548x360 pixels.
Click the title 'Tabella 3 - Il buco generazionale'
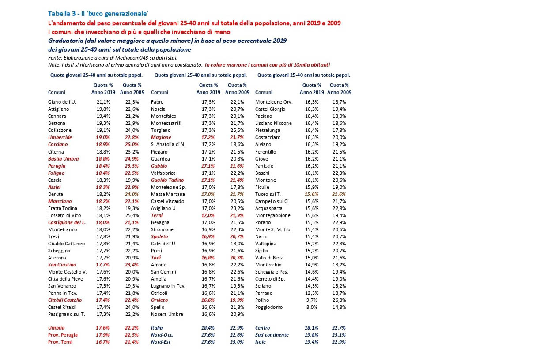tap(98, 13)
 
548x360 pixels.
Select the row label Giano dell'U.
tap(62, 102)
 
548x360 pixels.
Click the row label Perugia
tap(57, 166)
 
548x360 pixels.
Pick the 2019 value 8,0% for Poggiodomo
tap(311, 307)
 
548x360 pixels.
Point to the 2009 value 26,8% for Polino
tap(340, 300)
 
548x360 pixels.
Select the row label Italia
tap(157, 328)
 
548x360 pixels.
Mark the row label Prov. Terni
tap(60, 342)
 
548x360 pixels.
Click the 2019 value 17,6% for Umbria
tap(103, 328)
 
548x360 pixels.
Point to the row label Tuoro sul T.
tap(268, 194)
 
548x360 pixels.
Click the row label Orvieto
tap(159, 300)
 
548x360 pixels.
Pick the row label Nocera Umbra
tap(166, 314)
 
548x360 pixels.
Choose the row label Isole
tap(261, 342)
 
